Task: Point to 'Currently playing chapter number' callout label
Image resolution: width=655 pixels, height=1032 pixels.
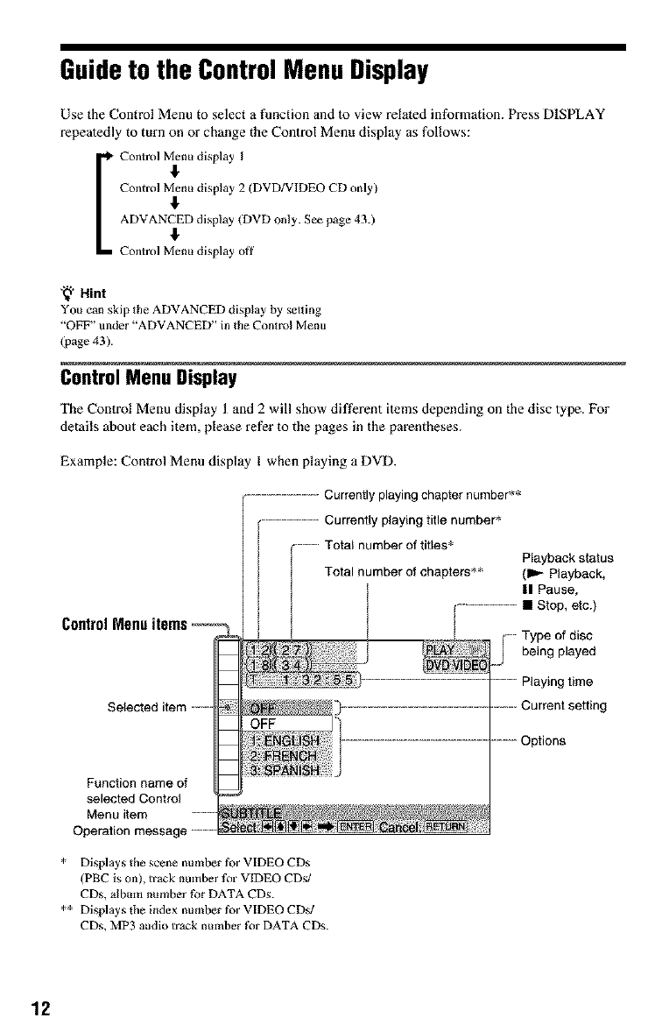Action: click(x=422, y=493)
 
